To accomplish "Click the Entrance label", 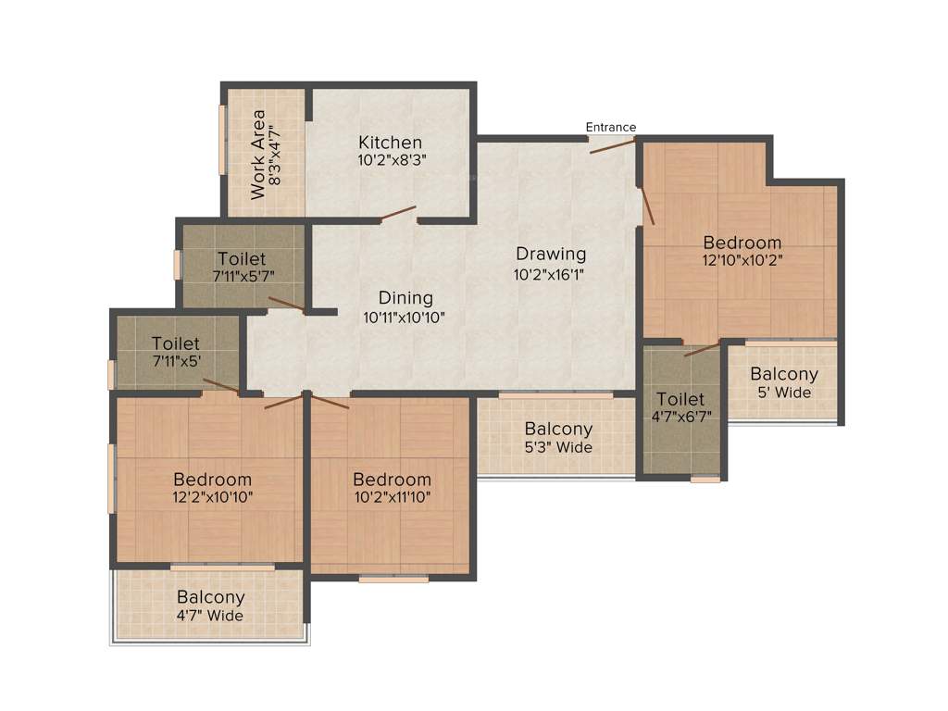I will tap(610, 127).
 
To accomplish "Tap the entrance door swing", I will tap(612, 144).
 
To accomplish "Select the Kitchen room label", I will tap(391, 143).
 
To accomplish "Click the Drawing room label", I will tap(551, 254).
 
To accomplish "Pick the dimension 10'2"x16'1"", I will tap(551, 274).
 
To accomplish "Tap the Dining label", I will tap(405, 298).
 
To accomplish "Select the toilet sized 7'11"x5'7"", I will tap(242, 268).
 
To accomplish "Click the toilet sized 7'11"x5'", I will tap(176, 352).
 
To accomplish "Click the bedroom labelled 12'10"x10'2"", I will tap(742, 251).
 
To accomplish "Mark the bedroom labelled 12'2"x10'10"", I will tap(213, 488).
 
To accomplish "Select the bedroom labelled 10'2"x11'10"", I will tap(392, 488).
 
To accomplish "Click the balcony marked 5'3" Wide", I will tap(558, 438).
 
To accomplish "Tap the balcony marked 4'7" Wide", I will tap(211, 605).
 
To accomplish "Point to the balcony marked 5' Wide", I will tap(784, 382).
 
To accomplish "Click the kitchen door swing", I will tap(398, 214).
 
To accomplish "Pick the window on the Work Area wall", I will tap(221, 139).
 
